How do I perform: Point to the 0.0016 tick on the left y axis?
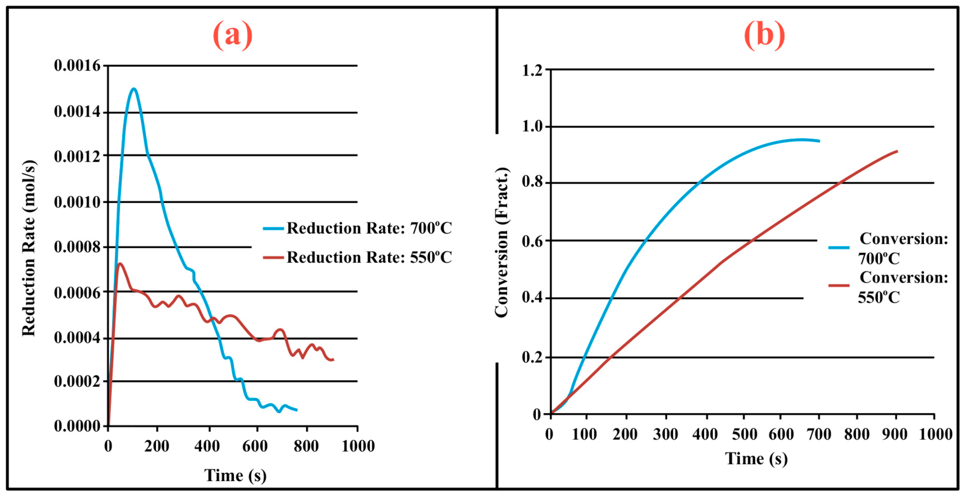[77, 66]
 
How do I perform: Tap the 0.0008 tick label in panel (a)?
[77, 247]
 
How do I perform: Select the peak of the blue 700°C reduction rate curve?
[134, 89]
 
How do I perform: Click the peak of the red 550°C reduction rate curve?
[120, 264]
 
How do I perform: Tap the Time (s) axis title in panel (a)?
[235, 475]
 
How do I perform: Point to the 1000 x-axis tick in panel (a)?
[358, 446]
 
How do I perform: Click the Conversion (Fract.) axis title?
[502, 242]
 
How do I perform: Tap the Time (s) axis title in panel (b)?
[756, 458]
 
